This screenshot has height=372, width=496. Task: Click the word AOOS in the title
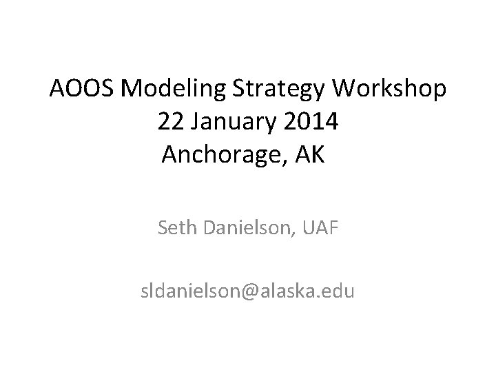click(76, 90)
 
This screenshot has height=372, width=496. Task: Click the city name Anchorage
click(220, 155)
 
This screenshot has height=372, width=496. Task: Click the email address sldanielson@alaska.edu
click(247, 292)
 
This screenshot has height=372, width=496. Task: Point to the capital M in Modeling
click(115, 90)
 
